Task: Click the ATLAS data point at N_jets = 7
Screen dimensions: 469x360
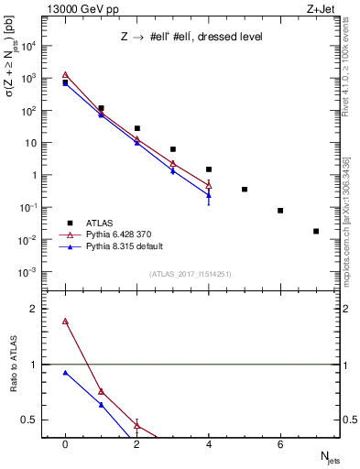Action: [316, 231]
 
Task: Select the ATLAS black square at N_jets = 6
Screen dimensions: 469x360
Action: [280, 211]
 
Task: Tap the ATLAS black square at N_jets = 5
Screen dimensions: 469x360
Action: [245, 190]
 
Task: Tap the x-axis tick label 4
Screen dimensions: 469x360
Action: [209, 444]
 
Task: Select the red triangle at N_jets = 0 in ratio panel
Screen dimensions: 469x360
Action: [65, 322]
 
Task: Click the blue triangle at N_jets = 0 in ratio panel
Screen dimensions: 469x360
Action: [65, 373]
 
